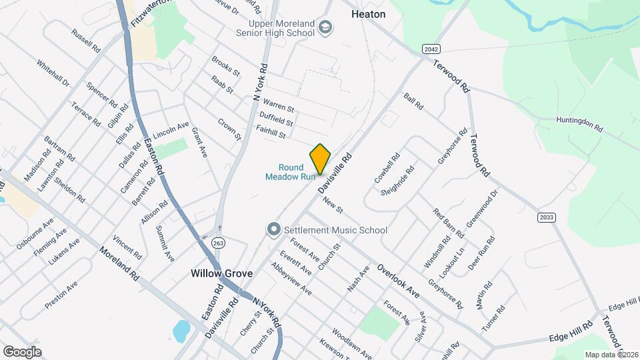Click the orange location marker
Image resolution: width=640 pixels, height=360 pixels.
pos(320,159)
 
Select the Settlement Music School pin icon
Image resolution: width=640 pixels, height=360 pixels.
pos(273,230)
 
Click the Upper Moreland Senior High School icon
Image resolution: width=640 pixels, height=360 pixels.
pos(325,27)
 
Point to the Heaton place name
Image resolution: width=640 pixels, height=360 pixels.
pos(368,13)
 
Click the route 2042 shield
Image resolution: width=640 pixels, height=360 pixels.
pos(431,49)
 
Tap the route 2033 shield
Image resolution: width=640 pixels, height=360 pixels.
pos(545,217)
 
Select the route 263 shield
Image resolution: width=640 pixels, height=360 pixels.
pos(218,243)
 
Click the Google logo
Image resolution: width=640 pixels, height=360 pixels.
pos(22,351)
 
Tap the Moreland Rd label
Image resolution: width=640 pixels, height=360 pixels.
pos(118,264)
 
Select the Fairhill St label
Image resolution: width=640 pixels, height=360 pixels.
pos(271,131)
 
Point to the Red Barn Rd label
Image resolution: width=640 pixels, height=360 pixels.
pos(448,223)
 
